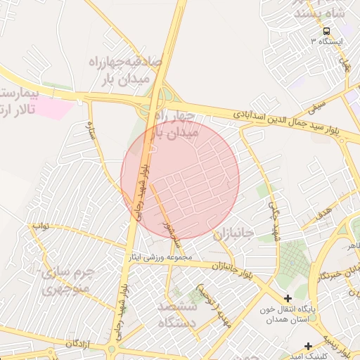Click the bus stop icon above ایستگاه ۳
click(x=326, y=31)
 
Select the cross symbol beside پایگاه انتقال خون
click(x=288, y=299)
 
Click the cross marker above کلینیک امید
click(x=309, y=345)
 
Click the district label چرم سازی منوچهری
click(x=63, y=280)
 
